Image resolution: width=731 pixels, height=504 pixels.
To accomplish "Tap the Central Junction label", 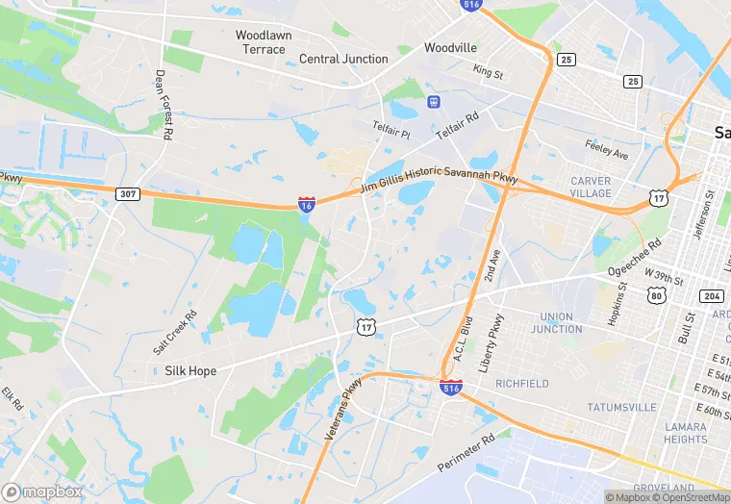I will pyautogui.click(x=343, y=59).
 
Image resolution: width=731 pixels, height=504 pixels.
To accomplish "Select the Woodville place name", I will pyautogui.click(x=450, y=47).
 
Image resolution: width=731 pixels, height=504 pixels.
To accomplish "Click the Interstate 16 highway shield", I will pyautogui.click(x=306, y=205).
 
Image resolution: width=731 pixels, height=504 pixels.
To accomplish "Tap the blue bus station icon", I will pyautogui.click(x=435, y=100).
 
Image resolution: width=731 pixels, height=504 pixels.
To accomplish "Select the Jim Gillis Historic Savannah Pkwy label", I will pyautogui.click(x=439, y=180).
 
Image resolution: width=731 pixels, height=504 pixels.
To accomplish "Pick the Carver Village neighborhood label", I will pyautogui.click(x=591, y=187).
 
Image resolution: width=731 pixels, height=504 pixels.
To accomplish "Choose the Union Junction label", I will pyautogui.click(x=556, y=323).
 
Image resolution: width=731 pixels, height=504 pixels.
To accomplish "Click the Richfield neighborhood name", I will pyautogui.click(x=522, y=383).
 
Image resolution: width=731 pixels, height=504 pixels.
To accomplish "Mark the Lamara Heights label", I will pyautogui.click(x=685, y=433).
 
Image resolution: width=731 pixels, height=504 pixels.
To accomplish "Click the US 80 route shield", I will pyautogui.click(x=657, y=295).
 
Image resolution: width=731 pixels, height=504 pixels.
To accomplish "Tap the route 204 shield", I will pyautogui.click(x=712, y=295).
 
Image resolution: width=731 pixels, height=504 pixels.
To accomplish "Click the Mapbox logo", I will pyautogui.click(x=42, y=491).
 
